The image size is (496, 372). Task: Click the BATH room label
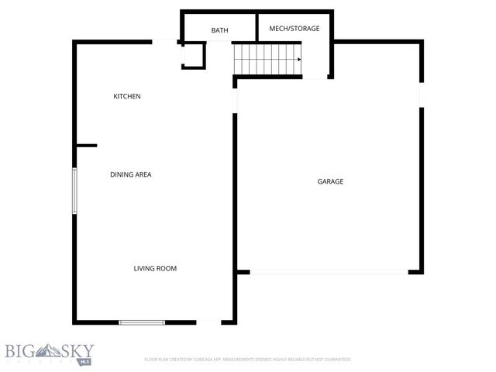click(219, 30)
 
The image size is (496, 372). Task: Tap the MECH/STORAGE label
click(294, 29)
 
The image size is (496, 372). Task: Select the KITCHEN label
click(127, 96)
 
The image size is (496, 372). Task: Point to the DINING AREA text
click(130, 175)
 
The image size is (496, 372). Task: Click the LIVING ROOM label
click(155, 269)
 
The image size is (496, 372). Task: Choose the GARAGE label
click(330, 181)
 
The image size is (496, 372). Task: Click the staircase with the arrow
click(267, 58)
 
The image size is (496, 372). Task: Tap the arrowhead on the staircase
click(298, 59)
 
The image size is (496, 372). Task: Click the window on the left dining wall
click(74, 191)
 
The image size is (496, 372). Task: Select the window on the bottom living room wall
click(142, 322)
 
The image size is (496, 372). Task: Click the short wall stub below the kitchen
click(85, 145)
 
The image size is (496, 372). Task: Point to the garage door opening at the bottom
click(329, 272)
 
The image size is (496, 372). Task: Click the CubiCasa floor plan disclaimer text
click(248, 360)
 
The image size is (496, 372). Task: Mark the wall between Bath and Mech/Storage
click(257, 27)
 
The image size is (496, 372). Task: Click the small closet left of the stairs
click(194, 55)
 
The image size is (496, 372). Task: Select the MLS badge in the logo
click(83, 361)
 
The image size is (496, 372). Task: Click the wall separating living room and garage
click(235, 194)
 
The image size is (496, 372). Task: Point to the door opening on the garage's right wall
click(422, 94)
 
